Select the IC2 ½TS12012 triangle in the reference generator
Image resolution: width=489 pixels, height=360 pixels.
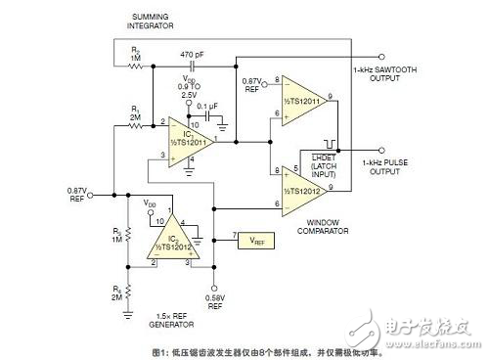(171, 242)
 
